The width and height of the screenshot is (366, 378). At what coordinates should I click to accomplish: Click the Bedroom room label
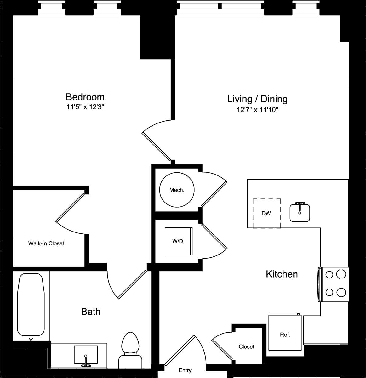(85, 97)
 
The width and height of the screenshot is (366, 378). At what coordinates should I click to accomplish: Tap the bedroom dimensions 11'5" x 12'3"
(85, 107)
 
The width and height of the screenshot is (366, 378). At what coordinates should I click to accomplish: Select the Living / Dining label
(257, 99)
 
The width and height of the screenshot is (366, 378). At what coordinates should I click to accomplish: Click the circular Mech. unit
(177, 190)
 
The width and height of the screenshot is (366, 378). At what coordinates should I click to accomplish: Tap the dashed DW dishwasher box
(267, 213)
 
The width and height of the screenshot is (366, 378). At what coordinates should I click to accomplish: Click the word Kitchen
(282, 274)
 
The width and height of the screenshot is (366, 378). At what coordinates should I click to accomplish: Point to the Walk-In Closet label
(46, 243)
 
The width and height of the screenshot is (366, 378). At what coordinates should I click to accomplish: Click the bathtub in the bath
(30, 305)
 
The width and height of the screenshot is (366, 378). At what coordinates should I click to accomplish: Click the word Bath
(91, 312)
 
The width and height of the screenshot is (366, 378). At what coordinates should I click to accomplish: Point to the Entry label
(185, 370)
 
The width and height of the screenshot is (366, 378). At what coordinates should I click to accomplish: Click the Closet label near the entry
(246, 346)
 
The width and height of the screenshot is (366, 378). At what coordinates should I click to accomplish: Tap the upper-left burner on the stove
(329, 275)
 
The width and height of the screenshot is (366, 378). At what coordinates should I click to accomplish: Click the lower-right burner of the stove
(341, 293)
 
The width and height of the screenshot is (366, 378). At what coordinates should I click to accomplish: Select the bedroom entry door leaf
(157, 146)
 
